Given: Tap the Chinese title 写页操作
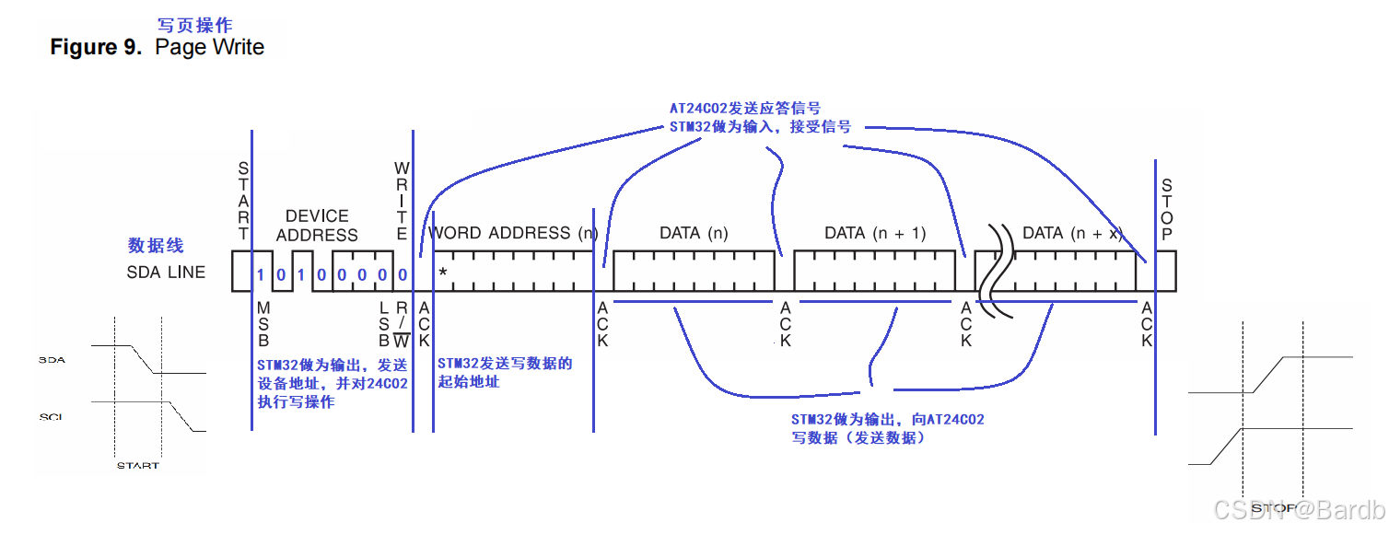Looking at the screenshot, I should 196,25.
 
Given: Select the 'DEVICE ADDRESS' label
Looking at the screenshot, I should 317,226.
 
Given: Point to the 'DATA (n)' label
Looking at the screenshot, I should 694,233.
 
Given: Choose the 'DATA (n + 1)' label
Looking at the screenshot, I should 874,233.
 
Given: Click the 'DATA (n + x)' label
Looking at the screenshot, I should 1073,233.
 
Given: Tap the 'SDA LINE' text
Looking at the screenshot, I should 166,273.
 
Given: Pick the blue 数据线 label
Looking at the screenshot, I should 156,246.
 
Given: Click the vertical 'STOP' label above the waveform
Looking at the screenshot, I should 1167,210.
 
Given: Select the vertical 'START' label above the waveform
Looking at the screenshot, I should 243,201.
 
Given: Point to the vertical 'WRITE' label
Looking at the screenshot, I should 402,201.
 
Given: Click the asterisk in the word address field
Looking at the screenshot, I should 443,273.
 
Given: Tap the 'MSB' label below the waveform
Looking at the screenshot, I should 263,323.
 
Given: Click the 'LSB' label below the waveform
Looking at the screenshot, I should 384,323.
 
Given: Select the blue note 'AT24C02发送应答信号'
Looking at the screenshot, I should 744,109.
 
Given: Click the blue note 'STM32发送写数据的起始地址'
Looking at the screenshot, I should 505,372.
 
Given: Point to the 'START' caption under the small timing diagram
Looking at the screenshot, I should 138,465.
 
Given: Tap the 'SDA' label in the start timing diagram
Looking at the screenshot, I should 52,360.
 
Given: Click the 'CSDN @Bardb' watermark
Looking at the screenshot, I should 1298,509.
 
